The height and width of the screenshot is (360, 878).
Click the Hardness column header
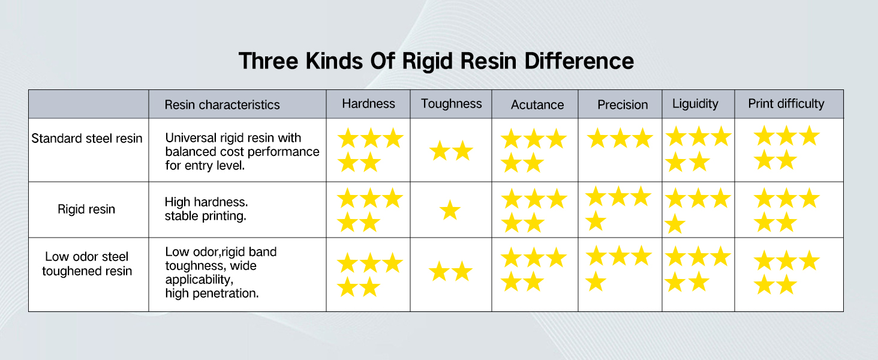point(368,104)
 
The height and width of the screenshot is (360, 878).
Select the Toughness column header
point(451,104)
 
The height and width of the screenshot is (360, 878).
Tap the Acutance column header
point(537,104)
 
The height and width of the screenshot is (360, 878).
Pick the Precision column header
point(623,104)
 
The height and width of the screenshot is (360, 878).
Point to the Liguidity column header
point(695,104)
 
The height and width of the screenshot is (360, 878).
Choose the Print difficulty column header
point(786,104)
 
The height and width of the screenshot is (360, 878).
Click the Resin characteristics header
point(222,104)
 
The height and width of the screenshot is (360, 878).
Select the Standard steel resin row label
point(87,139)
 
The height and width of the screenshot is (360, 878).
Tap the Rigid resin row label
point(86,209)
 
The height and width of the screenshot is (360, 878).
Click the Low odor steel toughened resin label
point(87,264)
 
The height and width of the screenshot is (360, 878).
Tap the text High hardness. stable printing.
point(206,209)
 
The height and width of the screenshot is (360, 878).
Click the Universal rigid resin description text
point(242,152)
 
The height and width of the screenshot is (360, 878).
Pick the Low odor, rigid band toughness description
point(220,272)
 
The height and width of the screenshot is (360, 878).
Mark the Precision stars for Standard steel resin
point(620,139)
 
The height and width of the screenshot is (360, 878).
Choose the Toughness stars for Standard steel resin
point(451,151)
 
